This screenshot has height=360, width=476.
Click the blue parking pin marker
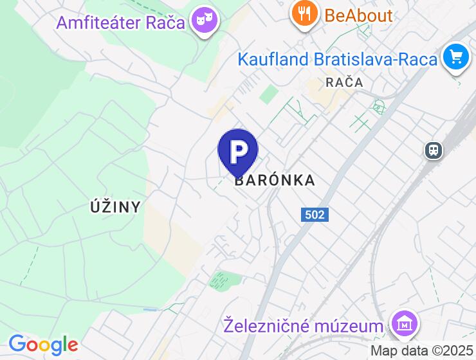238,152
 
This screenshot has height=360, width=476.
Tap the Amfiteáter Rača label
120,22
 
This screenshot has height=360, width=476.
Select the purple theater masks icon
205,20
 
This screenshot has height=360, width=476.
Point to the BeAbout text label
358,15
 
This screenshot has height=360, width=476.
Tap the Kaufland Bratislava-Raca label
337,59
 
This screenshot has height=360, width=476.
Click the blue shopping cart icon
456,58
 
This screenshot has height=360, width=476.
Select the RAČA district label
344,82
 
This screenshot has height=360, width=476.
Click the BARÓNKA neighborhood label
275,181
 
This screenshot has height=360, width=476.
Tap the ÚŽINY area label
115,207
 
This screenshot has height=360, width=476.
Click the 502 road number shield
315,215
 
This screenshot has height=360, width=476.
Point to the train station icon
434,150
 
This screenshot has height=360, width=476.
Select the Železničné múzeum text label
303,326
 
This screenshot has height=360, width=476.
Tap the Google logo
43,345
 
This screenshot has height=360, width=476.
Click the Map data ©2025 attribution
422,351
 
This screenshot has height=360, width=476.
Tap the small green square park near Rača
268,94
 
